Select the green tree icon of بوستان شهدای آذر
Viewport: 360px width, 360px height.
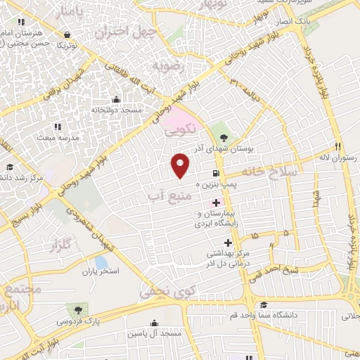click(x=224, y=139)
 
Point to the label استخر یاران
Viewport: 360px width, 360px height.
click(x=101, y=271)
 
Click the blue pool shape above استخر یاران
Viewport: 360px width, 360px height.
click(x=101, y=262)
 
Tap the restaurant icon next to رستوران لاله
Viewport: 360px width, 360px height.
click(x=337, y=146)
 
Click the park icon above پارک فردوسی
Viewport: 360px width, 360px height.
click(x=76, y=309)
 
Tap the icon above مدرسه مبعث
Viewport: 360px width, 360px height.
click(x=58, y=127)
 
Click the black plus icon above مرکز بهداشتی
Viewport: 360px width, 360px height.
click(x=208, y=243)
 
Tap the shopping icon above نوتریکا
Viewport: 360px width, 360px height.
click(x=66, y=34)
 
